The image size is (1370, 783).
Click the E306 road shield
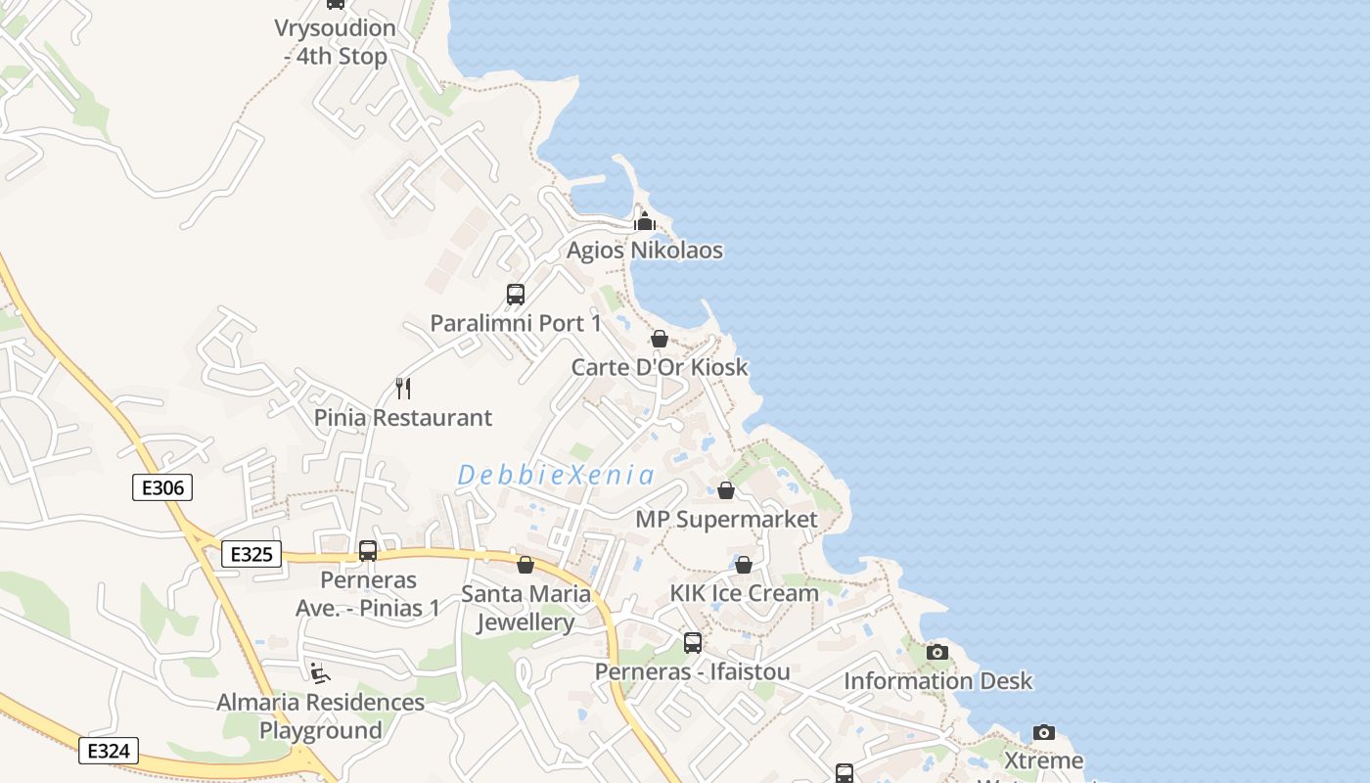click(x=162, y=487)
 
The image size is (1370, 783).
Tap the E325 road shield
click(x=251, y=554)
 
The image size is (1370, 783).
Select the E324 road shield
click(x=109, y=751)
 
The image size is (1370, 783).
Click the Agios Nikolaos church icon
click(x=645, y=221)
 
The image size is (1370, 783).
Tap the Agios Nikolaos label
click(x=645, y=251)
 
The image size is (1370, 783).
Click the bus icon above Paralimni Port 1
click(x=515, y=294)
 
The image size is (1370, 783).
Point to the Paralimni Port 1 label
click(x=516, y=323)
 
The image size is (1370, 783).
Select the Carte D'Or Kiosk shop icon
click(x=660, y=339)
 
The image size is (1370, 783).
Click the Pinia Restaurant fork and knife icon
click(x=403, y=389)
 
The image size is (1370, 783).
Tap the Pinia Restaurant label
click(x=403, y=418)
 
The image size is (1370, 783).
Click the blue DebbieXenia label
click(x=556, y=476)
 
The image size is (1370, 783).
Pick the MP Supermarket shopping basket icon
click(x=726, y=490)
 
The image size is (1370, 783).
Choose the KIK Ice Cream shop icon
click(x=744, y=565)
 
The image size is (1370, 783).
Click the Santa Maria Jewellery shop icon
click(x=525, y=565)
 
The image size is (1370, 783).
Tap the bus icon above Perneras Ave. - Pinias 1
click(x=368, y=551)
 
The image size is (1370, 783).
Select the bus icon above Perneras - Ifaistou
click(x=693, y=643)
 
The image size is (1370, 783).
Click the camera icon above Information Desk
click(x=937, y=652)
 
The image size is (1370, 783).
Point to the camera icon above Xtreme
click(x=1044, y=732)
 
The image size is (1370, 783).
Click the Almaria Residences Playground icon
click(x=320, y=672)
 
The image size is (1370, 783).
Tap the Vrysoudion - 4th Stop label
click(x=336, y=42)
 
